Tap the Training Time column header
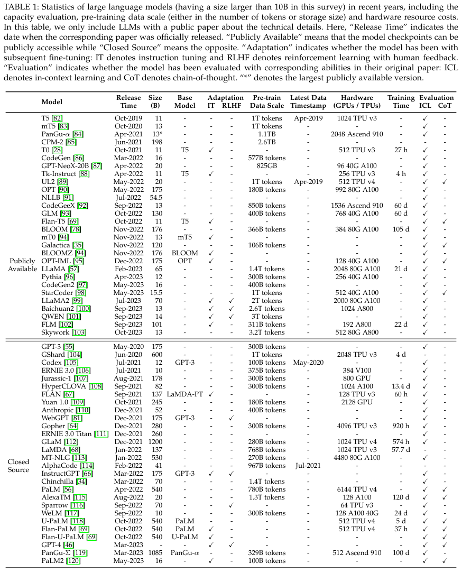tap(401, 101)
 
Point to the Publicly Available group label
tap(22, 265)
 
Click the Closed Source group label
tap(19, 466)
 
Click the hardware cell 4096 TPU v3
tap(357, 426)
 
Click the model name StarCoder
tap(57, 292)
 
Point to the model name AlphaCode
tap(60, 466)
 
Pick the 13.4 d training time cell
tap(401, 386)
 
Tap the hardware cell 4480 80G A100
tap(357, 458)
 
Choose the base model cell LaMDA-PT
tap(185, 394)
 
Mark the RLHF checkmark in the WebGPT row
tap(231, 418)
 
